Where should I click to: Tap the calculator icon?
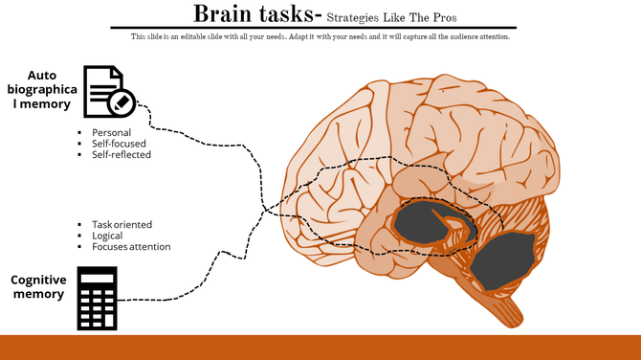tap(97, 299)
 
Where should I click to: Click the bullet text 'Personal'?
tap(111, 132)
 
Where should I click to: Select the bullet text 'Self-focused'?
tap(119, 144)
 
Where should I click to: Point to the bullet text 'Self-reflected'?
tap(122, 155)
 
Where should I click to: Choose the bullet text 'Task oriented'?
tap(122, 224)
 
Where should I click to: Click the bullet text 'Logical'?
tap(107, 236)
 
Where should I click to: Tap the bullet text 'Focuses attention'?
tap(131, 247)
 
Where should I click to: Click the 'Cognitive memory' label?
tap(38, 286)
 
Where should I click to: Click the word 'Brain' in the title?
tap(226, 14)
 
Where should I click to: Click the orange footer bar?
tap(320, 347)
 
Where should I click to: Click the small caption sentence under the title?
tap(320, 36)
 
